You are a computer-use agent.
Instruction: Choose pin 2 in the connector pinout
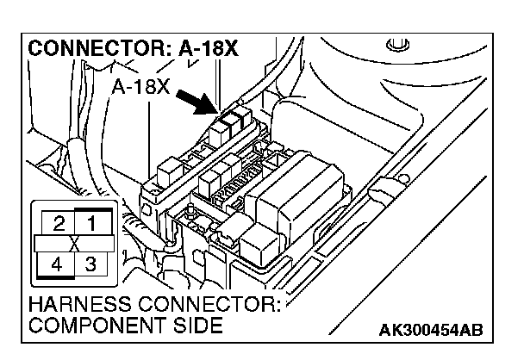tap(59, 227)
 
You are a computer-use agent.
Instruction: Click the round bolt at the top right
tap(398, 43)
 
